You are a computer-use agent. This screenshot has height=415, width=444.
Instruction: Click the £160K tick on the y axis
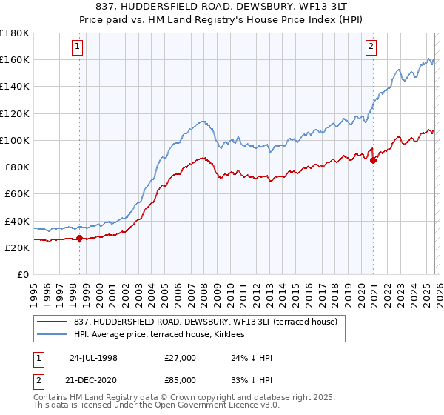click(15, 59)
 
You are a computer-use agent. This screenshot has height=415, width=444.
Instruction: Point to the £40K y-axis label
click(17, 221)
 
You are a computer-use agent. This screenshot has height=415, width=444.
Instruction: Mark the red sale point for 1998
click(80, 239)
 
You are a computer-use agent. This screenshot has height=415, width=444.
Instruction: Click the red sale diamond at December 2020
click(374, 161)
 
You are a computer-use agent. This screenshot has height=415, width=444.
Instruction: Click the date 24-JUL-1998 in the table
click(92, 358)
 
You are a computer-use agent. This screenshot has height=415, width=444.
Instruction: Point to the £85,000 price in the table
click(181, 379)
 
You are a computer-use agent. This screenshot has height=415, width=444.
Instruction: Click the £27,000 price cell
click(181, 358)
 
